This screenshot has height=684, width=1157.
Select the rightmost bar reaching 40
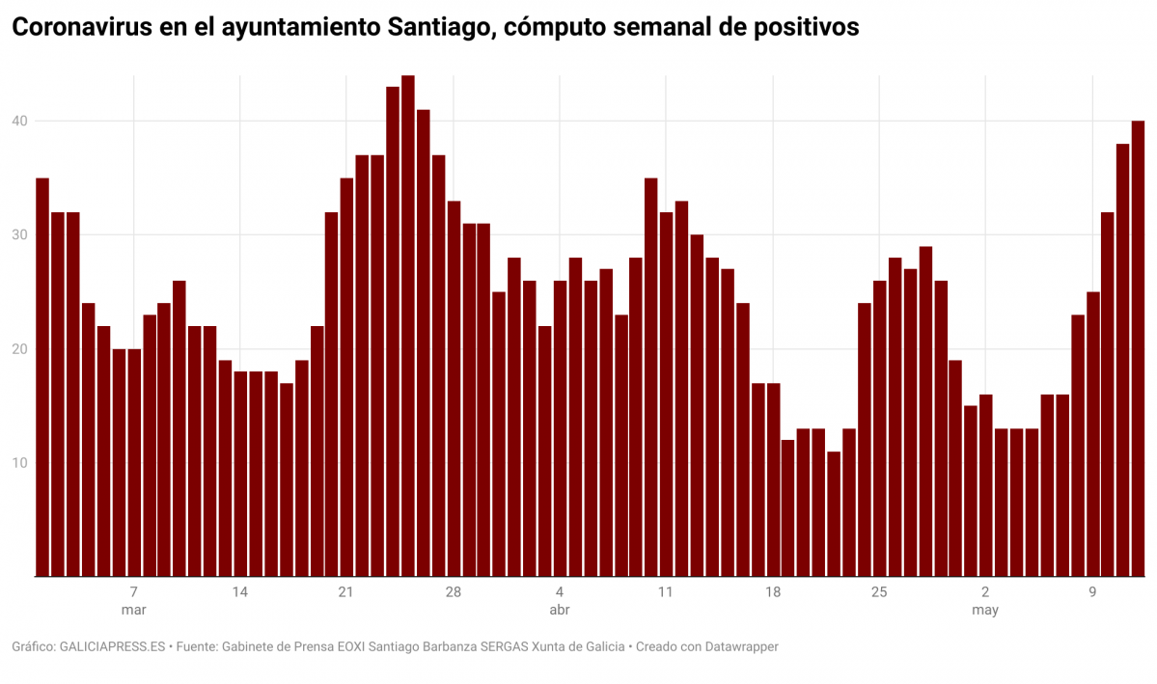[x=1138, y=348]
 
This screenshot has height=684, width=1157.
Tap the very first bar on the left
[x=42, y=377]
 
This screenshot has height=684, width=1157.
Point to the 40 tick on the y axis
[x=20, y=121]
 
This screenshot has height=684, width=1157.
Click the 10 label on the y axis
[x=20, y=463]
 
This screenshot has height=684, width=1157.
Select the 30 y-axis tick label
[x=20, y=234]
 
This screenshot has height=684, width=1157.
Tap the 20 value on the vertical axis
[x=20, y=349]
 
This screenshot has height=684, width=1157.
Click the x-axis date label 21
[x=346, y=591]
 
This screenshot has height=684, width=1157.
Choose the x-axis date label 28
[x=454, y=591]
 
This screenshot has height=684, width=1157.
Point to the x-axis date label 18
[x=772, y=591]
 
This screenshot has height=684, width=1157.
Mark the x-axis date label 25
[x=879, y=591]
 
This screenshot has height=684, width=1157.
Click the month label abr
[x=560, y=611]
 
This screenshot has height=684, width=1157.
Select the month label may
[x=985, y=611]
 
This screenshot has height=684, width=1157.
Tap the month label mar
[x=133, y=611]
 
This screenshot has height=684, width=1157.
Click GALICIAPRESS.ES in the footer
[x=112, y=646]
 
